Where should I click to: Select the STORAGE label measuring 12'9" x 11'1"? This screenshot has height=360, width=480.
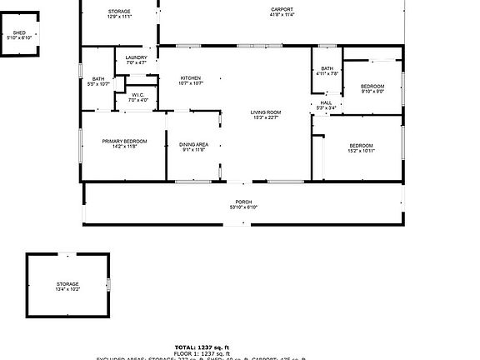click(x=119, y=11)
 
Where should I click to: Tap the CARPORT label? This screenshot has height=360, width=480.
click(x=282, y=9)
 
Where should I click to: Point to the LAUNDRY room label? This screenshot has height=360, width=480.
click(x=136, y=57)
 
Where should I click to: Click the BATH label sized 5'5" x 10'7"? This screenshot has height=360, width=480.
click(x=98, y=79)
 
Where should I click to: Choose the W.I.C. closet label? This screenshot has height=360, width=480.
click(x=137, y=95)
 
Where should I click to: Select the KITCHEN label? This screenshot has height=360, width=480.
click(x=191, y=78)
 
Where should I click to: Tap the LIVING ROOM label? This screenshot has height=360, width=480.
click(x=266, y=112)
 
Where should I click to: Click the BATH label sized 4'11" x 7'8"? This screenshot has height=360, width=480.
click(x=327, y=68)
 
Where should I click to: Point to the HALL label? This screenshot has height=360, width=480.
click(x=326, y=102)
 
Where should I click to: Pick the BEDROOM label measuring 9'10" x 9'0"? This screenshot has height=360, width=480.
click(x=372, y=87)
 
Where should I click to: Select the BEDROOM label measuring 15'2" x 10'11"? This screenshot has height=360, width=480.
click(x=361, y=146)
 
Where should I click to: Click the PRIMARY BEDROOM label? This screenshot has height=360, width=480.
click(x=124, y=142)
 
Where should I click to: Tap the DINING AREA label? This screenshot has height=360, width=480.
click(x=193, y=145)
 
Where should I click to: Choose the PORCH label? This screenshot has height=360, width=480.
click(x=243, y=202)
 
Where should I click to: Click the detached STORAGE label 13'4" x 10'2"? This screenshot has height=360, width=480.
click(x=67, y=284)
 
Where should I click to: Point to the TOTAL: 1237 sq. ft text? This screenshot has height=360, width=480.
click(x=202, y=347)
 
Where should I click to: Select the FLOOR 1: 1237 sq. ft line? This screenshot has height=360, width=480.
click(x=202, y=352)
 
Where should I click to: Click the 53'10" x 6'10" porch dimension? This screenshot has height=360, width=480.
click(x=243, y=207)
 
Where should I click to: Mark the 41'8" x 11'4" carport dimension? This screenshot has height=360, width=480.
click(x=282, y=15)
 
